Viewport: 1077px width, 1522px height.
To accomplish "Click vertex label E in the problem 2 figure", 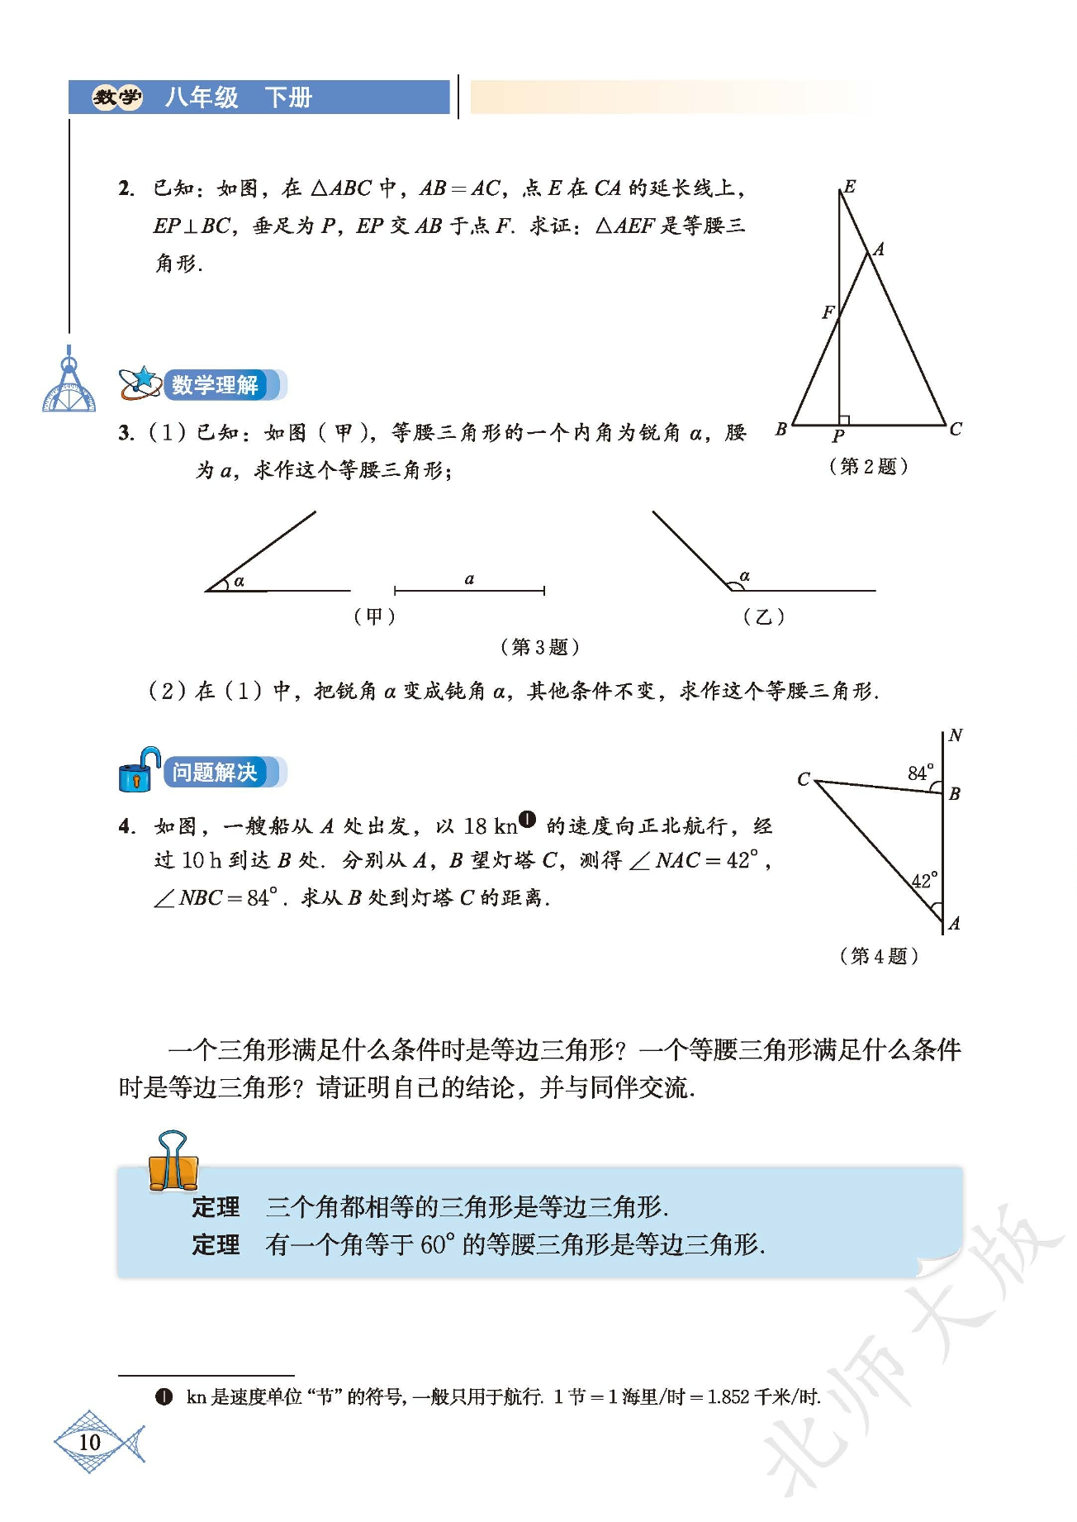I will pos(849,186).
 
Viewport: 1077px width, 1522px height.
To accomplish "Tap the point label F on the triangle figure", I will pos(828,312).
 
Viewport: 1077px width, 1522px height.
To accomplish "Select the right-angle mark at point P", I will pos(843,420).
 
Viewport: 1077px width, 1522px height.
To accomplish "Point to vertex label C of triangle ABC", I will pos(955,429).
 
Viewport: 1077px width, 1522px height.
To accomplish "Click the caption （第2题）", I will pos(868,466).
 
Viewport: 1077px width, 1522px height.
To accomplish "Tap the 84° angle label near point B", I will pos(920,773).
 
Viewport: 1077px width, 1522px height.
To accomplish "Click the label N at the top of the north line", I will pos(955,735).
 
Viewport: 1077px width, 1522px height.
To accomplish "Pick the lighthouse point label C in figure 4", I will pos(804,779).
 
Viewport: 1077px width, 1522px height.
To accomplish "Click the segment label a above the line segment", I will pos(469,578).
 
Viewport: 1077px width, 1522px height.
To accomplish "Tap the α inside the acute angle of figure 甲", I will pos(239,581).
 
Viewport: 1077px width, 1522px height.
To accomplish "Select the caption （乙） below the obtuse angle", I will pos(763,616).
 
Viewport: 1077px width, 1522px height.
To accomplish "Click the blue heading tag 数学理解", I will pos(215,385).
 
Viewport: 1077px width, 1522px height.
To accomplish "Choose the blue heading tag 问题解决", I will pos(215,773).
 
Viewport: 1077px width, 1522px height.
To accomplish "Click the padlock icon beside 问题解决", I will pos(138,770).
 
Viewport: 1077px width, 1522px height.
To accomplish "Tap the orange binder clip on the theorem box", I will pos(173,1161).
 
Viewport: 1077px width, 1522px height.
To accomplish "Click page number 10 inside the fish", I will pos(89,1442).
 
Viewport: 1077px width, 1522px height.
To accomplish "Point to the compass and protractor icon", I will pos(69,384).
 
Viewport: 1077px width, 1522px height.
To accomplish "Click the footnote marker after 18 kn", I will pos(528,820).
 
